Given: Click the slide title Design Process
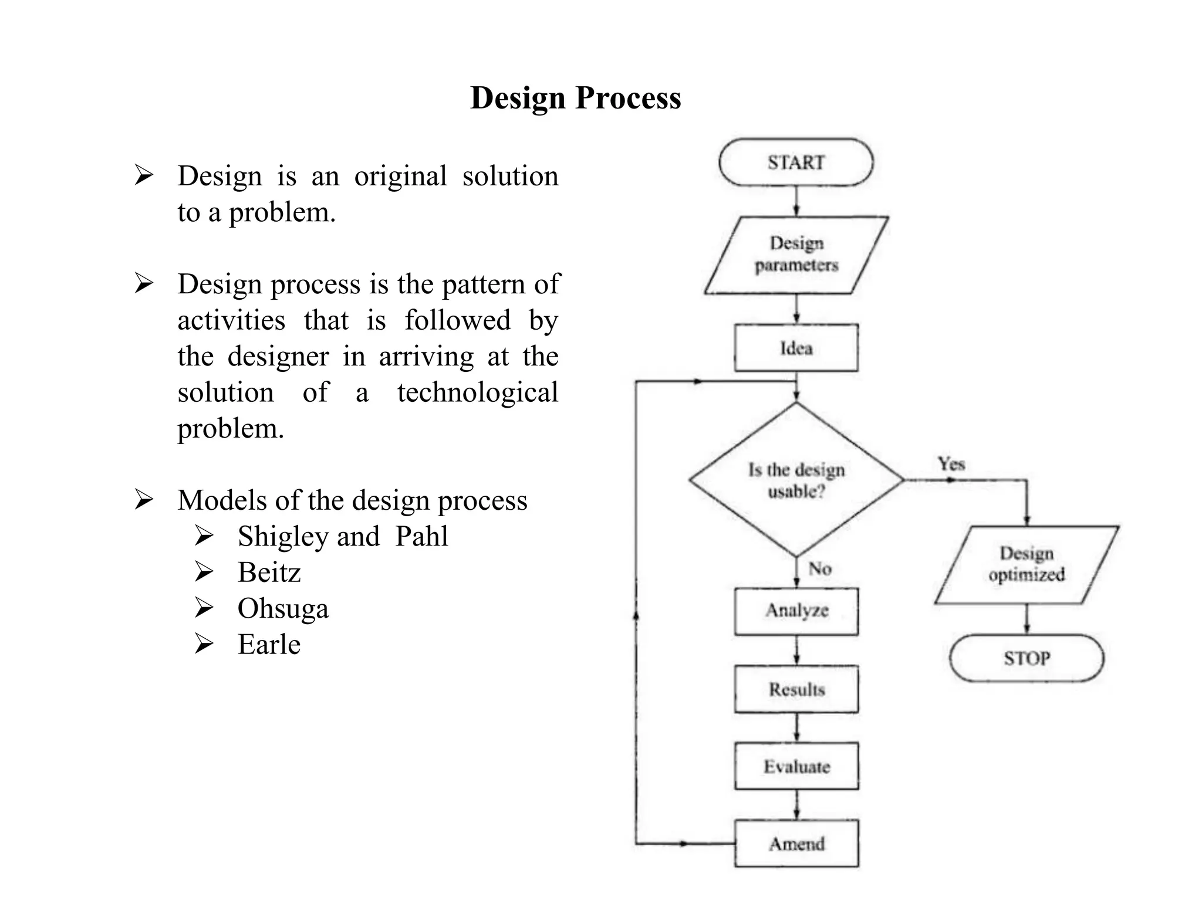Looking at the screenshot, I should (x=575, y=97).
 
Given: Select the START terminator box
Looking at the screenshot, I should (x=796, y=162).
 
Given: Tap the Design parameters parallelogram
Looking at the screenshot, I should (x=796, y=255).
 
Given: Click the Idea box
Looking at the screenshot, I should (x=796, y=348).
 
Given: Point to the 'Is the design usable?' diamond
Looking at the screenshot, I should (x=796, y=480).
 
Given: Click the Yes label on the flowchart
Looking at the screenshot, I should (x=951, y=464).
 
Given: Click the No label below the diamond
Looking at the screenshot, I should (x=819, y=568).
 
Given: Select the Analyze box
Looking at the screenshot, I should (x=796, y=611).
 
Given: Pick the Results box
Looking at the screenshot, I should (x=796, y=689).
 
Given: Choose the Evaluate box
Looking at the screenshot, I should (x=796, y=766).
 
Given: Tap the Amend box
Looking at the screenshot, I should (x=796, y=844).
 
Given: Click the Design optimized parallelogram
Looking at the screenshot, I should (x=1027, y=564).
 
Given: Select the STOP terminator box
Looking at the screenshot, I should (x=1027, y=658).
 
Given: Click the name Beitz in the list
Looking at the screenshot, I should (x=269, y=573).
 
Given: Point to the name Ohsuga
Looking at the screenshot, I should (x=283, y=609).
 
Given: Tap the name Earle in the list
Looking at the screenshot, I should (x=269, y=645).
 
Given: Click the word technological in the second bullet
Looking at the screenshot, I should (x=477, y=392).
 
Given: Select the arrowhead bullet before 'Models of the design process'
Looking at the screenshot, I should (x=143, y=500).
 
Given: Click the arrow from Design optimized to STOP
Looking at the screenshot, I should (x=1027, y=619).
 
